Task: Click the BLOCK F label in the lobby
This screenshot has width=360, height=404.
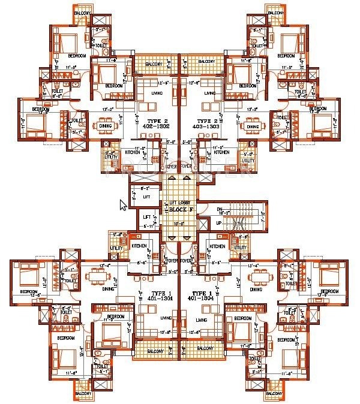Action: [x=180, y=211]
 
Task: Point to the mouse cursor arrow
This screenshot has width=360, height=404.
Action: [x=124, y=204]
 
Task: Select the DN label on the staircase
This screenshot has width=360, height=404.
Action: [x=220, y=208]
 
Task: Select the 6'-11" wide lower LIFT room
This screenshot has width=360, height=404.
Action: [x=147, y=217]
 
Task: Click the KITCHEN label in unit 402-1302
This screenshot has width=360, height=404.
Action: [x=133, y=152]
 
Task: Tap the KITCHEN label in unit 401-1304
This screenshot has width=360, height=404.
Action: [x=218, y=246]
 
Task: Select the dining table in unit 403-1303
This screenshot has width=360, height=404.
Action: [x=253, y=126]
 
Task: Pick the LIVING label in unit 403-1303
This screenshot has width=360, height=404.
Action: [x=210, y=94]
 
